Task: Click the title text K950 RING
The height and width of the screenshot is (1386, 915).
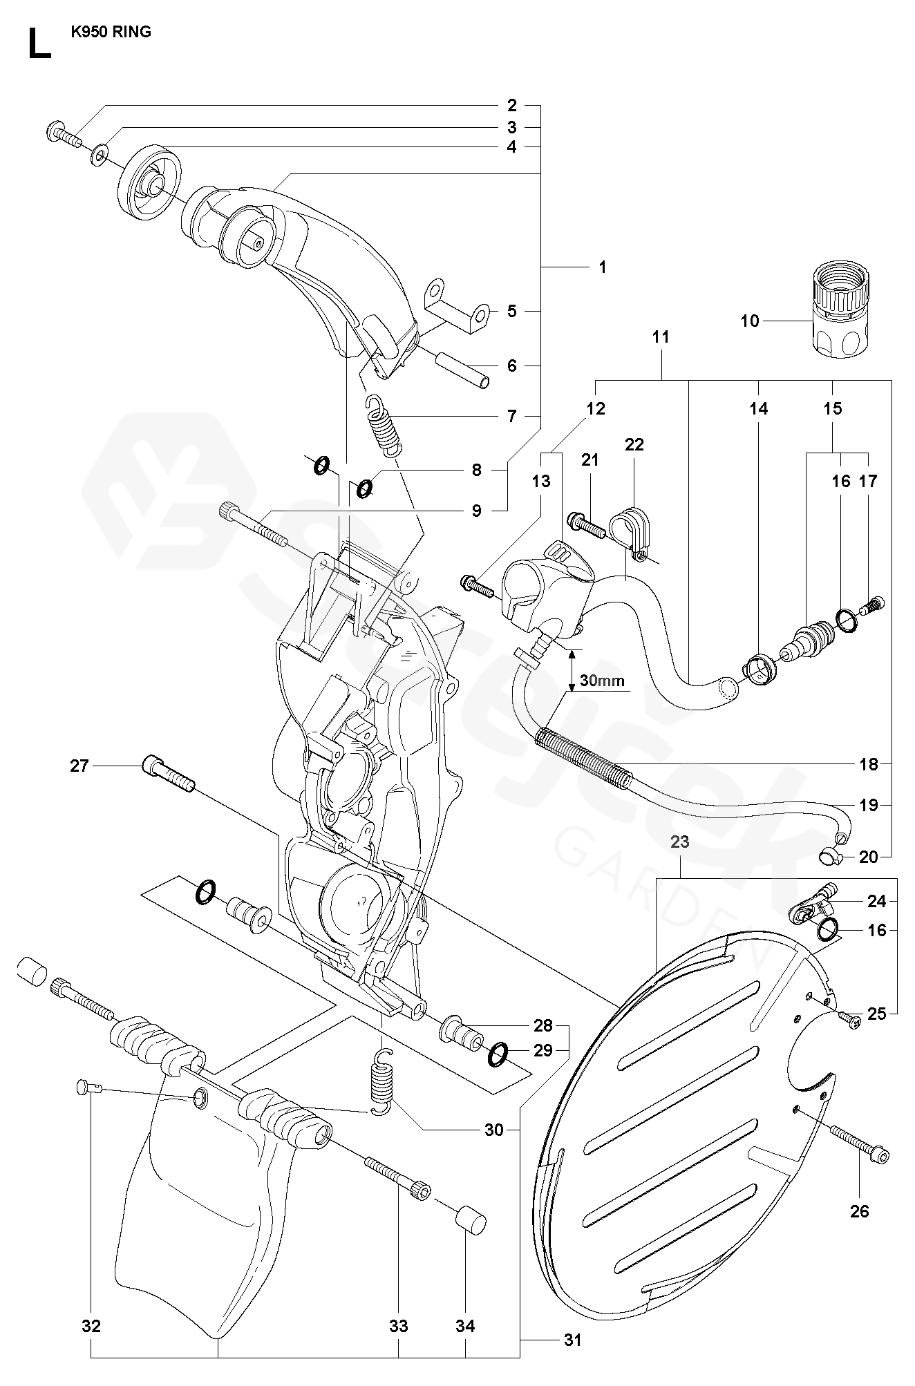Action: [x=111, y=32]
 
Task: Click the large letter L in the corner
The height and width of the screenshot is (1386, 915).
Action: [x=39, y=44]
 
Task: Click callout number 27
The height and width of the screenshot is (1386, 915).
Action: [x=79, y=766]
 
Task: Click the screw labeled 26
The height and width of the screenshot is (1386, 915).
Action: [x=860, y=1145]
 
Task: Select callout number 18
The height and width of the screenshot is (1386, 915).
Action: [x=868, y=764]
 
